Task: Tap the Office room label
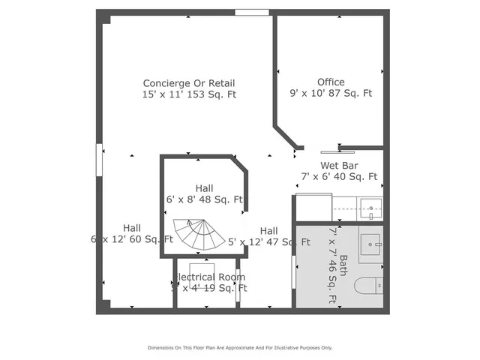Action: point(331,82)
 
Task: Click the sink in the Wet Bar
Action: point(370,206)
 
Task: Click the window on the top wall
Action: point(252,12)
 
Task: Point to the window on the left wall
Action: point(98,160)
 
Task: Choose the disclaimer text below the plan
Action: point(239,347)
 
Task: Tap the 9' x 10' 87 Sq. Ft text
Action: point(331,94)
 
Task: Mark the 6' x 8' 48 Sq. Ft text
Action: point(204,200)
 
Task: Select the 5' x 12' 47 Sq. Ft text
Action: point(269,242)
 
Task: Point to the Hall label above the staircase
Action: point(204,188)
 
